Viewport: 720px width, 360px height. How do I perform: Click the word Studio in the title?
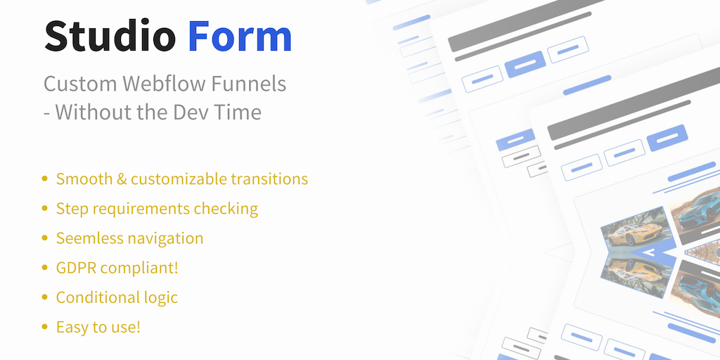pos(110,37)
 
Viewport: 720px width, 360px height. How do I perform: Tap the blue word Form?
pos(240,37)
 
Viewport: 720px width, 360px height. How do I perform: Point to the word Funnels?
pos(248,84)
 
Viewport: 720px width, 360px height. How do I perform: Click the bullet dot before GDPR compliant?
pos(44,267)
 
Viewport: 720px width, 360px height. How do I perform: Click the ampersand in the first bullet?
pos(122,179)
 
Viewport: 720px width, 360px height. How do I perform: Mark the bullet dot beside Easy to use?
pos(44,326)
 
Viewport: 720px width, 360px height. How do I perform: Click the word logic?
pos(158,298)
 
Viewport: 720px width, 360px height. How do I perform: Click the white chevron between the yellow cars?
pos(648,252)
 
